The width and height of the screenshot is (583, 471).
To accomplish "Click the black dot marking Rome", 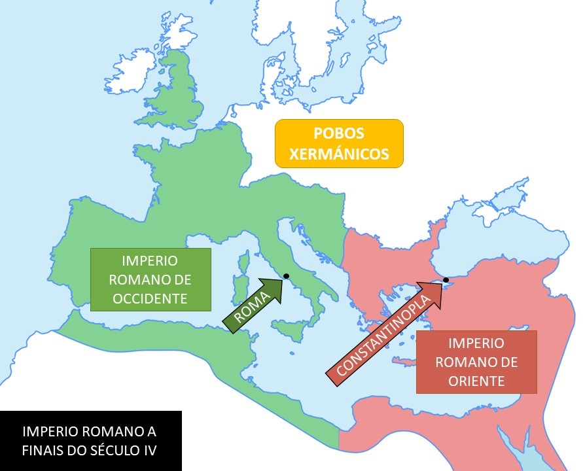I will [286, 276].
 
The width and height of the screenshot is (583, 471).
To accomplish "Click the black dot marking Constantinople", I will [446, 280].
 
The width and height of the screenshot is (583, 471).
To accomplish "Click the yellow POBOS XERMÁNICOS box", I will [339, 143].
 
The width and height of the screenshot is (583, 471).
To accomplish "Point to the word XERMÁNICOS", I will [339, 154].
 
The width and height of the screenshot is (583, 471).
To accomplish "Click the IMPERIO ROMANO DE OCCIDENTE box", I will [150, 279].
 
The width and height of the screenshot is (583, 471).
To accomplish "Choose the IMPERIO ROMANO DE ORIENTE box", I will [476, 362].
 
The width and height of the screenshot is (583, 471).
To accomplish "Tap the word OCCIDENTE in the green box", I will [150, 299].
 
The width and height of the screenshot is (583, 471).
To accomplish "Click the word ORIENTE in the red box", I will [476, 381].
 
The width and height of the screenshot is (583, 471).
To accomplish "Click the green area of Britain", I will [177, 98].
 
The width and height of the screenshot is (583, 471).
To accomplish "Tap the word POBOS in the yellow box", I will [339, 133].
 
